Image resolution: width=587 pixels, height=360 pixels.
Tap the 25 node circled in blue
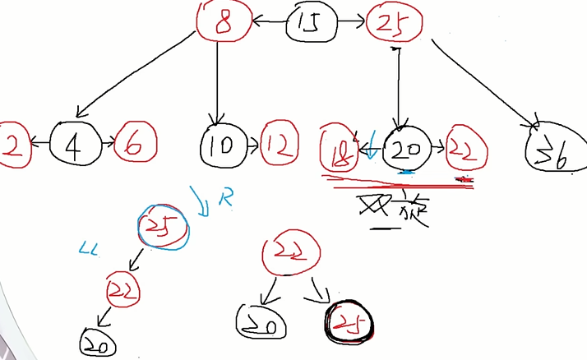click(164, 224)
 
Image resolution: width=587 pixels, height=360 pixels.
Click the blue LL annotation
click(88, 247)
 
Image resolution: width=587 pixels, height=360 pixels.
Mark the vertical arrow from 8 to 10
click(217, 82)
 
